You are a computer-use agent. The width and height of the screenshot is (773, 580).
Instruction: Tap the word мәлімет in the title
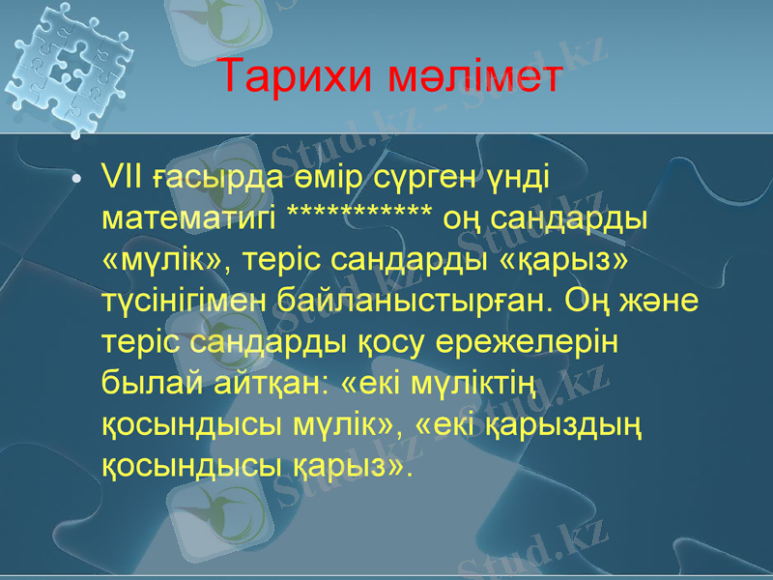[x=473, y=77]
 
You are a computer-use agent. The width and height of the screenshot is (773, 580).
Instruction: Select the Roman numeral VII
[x=123, y=178]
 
